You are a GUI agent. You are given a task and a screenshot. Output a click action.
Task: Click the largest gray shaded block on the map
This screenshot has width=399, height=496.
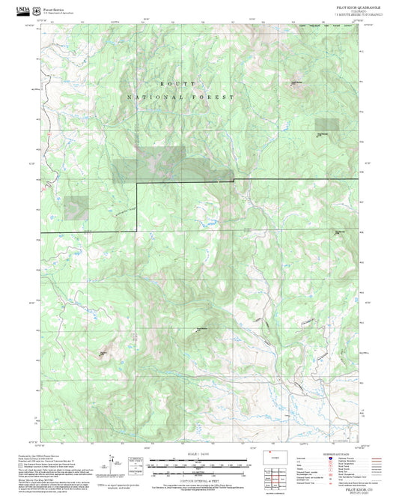point(148,165)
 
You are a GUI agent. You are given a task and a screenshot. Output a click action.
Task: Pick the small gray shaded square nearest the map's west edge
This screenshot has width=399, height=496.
point(75,208)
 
